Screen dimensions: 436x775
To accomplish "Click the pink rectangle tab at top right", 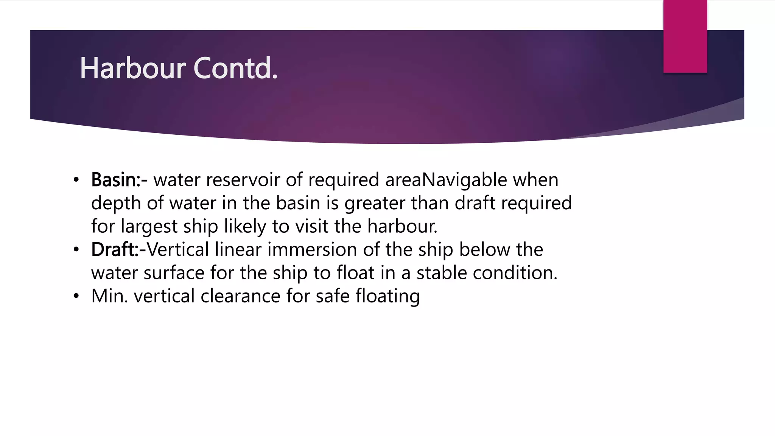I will (x=685, y=36).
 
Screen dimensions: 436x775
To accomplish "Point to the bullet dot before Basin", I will (x=76, y=180).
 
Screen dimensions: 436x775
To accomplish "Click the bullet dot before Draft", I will (x=76, y=250).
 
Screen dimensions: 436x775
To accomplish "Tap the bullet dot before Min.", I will (x=76, y=296).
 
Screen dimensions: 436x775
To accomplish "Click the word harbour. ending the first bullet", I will (x=402, y=226).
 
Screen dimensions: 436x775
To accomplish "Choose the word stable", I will (x=442, y=273).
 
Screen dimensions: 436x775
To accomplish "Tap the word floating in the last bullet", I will (x=387, y=297).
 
